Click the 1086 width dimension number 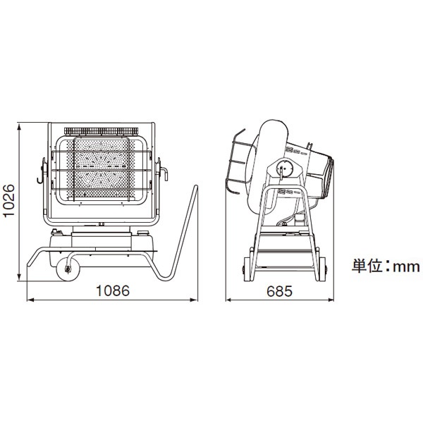pos(113,290)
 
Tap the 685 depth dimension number pos(281,290)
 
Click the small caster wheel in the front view pos(68,269)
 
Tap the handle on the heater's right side pos(165,171)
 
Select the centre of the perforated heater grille pos(100,169)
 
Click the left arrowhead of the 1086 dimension pos(28,299)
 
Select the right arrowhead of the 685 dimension pos(332,299)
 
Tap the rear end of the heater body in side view pos(330,173)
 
